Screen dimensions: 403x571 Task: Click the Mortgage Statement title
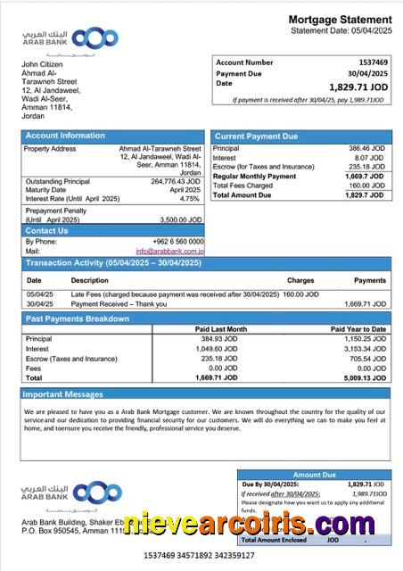(x=340, y=20)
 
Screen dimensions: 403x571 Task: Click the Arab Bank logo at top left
(x=70, y=39)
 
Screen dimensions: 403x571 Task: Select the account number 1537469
(x=373, y=62)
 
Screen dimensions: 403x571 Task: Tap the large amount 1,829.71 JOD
(x=358, y=87)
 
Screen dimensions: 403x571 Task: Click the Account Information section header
(x=64, y=136)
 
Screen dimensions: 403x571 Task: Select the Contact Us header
(x=45, y=230)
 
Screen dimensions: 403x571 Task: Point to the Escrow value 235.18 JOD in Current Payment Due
(x=366, y=167)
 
